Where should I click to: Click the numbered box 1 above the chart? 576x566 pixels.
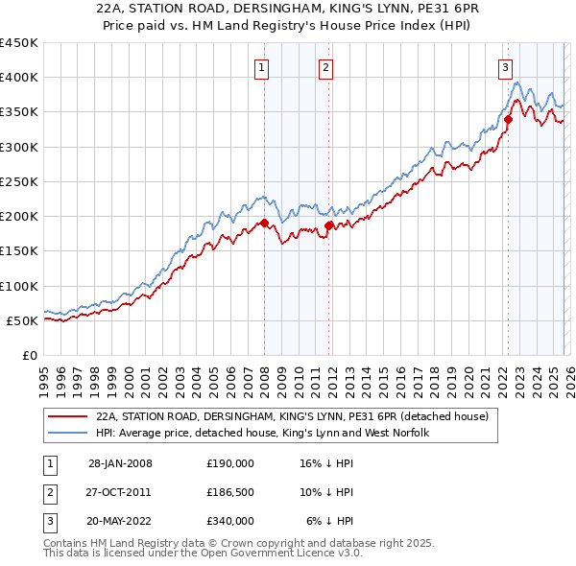click(x=262, y=67)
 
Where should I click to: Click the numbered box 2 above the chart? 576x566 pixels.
click(x=326, y=67)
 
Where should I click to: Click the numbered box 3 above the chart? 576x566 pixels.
click(x=505, y=67)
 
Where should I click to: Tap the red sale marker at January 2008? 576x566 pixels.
click(x=265, y=224)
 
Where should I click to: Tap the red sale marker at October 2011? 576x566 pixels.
click(x=328, y=225)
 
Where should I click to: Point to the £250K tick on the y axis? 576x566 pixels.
click(x=20, y=181)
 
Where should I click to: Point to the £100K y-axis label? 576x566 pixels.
click(x=20, y=286)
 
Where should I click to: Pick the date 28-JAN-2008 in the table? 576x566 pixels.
click(x=120, y=463)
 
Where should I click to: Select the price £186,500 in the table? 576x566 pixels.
click(x=230, y=492)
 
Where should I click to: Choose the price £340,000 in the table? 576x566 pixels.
click(x=230, y=521)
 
